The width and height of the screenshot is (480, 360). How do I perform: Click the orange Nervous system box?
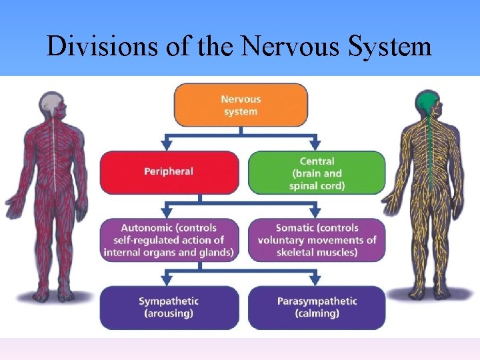tap(241, 105)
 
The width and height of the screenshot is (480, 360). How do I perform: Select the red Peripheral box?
tap(169, 172)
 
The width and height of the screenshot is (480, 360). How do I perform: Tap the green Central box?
tap(317, 173)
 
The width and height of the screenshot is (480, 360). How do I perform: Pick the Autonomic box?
tap(169, 240)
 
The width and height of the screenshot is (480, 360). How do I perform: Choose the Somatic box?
tap(317, 240)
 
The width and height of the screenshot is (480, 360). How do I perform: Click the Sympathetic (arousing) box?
tap(169, 307)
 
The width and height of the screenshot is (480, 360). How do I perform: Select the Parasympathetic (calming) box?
tap(317, 307)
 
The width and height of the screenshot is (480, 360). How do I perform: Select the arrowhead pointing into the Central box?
tap(315, 145)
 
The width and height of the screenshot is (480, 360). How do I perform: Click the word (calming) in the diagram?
tap(317, 314)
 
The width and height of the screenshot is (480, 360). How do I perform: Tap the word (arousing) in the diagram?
tap(169, 314)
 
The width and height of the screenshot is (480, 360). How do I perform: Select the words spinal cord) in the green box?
tap(317, 185)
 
